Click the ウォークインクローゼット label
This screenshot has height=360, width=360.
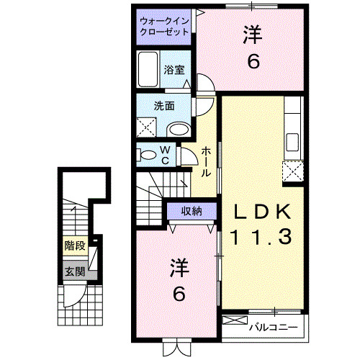pos(165,27)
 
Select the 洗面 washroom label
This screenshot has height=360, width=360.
pos(163,105)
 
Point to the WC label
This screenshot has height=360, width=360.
pos(164,154)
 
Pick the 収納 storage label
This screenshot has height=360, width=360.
pos(191,211)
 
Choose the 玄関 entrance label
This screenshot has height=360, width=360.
pos(74,271)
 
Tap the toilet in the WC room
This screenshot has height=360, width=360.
pos(148,155)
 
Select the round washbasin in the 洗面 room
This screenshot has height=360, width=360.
pos(178,130)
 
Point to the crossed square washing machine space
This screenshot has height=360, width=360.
pos(148,128)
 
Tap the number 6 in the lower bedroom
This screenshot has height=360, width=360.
pos(179,294)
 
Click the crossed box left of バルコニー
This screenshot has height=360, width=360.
pos(235,323)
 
